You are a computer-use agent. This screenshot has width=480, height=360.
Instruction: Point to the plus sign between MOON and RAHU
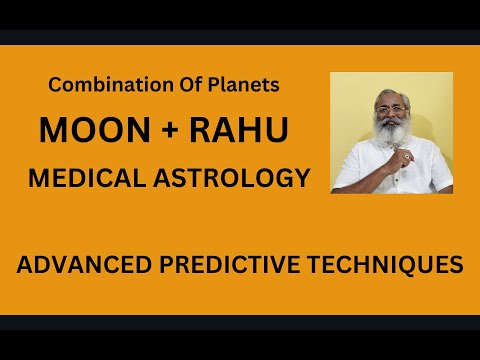coord(150,132)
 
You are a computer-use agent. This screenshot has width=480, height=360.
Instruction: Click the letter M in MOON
coord(52,131)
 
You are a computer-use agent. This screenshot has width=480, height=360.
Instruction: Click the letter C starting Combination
coord(54,86)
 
